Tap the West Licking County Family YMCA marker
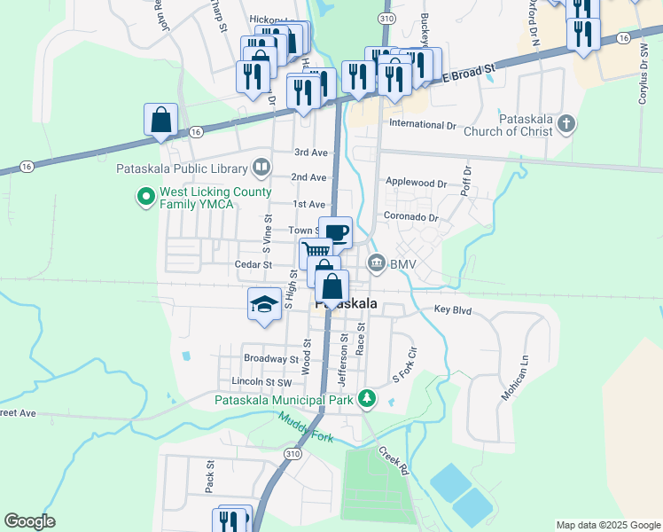[144, 197]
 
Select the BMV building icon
[377, 263]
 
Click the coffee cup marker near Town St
[335, 233]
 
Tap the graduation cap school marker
[264, 304]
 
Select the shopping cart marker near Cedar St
[315, 253]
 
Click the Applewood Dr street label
[416, 183]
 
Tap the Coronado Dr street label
[411, 217]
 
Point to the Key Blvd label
[453, 310]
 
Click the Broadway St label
[270, 359]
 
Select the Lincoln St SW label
[261, 381]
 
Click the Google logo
[29, 521]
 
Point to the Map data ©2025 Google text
[607, 525]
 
